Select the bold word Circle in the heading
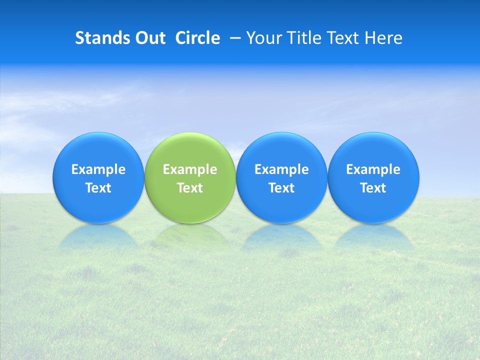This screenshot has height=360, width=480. [197, 38]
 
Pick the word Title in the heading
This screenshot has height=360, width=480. [301, 38]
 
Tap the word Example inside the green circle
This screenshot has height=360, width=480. [190, 169]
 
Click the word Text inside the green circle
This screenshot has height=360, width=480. [190, 188]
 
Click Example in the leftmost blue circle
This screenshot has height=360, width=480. [98, 169]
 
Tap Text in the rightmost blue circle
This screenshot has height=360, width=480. [373, 188]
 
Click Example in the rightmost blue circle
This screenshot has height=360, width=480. [373, 169]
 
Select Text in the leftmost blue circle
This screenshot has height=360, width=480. [98, 188]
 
